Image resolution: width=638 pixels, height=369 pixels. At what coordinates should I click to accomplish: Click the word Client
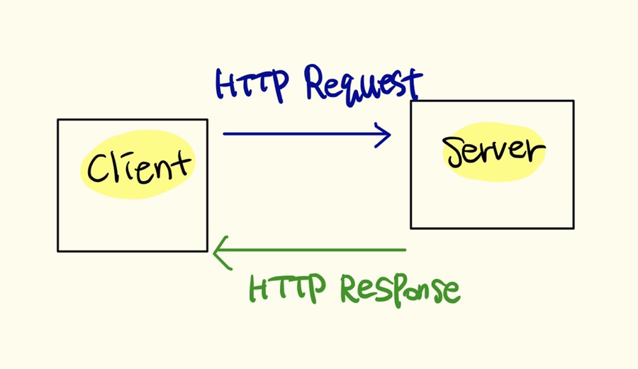[137, 166]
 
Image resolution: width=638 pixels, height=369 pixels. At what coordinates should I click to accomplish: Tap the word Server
[494, 150]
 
